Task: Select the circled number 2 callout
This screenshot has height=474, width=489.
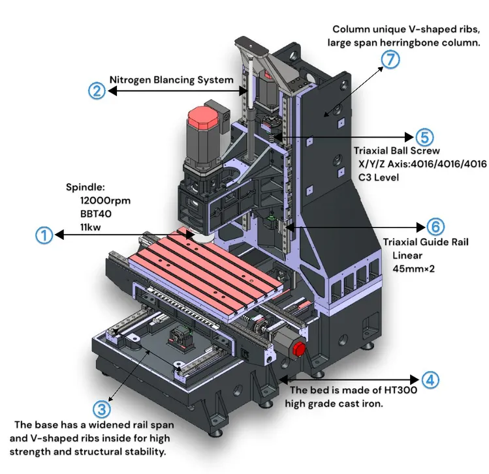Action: click(96, 91)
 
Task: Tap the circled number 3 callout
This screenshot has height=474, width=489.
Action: click(101, 409)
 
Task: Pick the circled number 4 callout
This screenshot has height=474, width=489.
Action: click(430, 379)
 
